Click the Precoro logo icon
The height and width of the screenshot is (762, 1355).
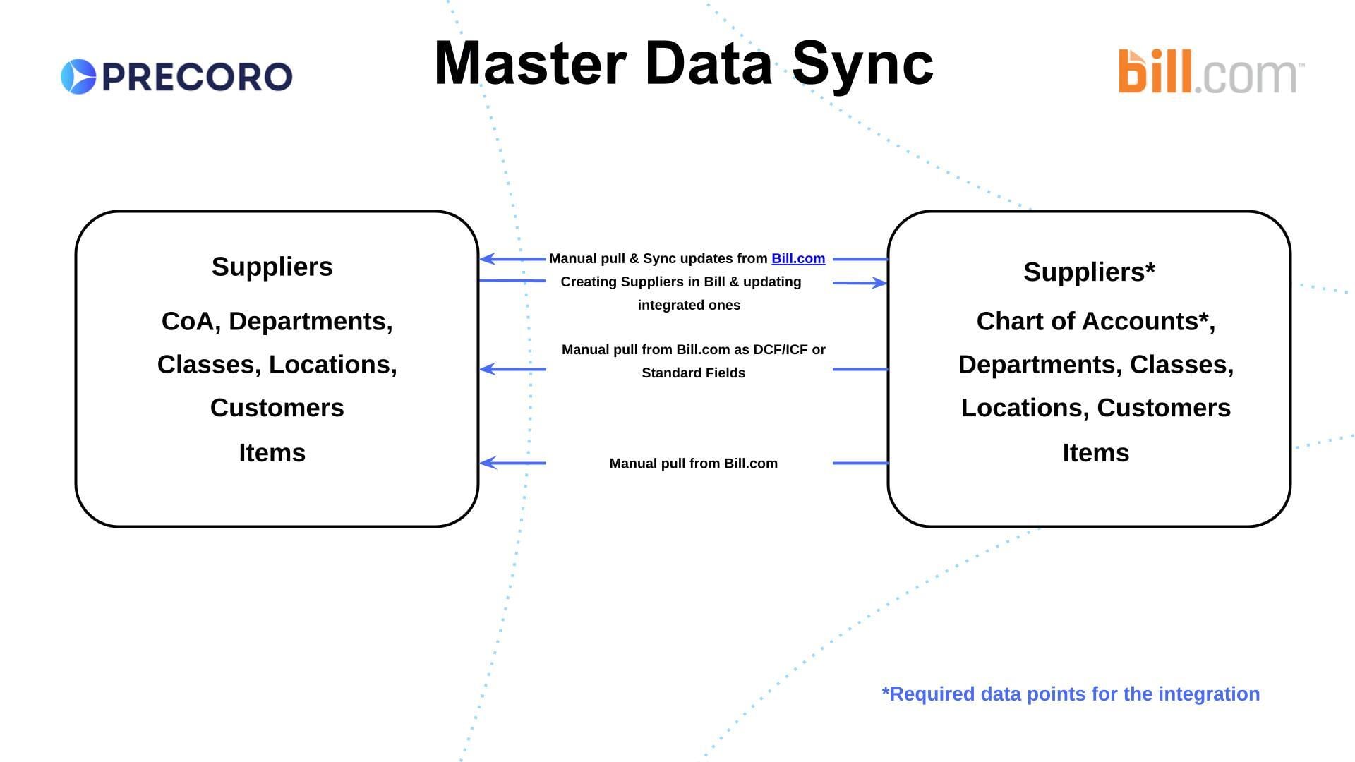78,76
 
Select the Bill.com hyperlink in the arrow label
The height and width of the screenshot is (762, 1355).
798,259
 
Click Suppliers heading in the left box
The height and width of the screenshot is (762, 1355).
272,267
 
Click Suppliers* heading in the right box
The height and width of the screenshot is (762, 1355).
1090,272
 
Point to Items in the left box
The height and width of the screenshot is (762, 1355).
272,452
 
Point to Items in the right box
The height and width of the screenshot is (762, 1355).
1096,452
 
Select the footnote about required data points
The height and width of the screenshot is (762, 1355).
1071,694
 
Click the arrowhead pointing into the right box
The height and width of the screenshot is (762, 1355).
879,283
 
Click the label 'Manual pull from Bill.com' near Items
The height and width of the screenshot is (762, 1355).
694,464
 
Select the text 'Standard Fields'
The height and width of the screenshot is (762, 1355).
694,373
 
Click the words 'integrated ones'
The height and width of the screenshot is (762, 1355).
689,306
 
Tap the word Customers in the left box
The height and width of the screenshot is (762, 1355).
277,408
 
